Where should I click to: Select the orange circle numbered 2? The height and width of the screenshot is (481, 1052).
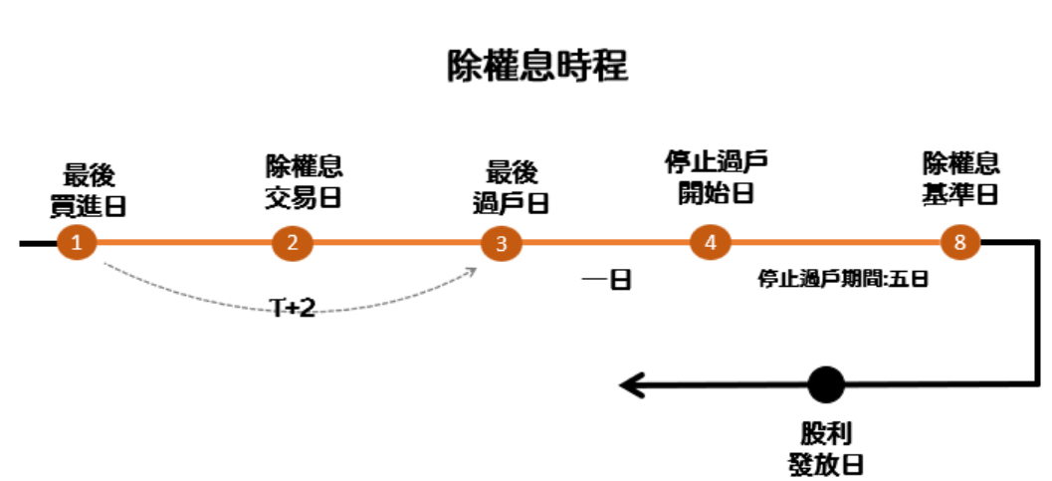click(292, 243)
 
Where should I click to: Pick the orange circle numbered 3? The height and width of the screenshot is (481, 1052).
click(501, 243)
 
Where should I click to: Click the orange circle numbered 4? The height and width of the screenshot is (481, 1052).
click(710, 243)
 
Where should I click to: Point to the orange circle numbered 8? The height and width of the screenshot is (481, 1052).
click(960, 243)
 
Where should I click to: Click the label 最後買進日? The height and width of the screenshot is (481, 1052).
click(89, 190)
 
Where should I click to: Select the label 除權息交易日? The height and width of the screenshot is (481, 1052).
click(304, 180)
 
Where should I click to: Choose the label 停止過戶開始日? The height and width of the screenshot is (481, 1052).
click(717, 176)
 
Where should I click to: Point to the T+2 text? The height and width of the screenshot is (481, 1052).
click(294, 308)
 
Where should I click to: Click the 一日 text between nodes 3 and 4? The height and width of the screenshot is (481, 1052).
click(607, 280)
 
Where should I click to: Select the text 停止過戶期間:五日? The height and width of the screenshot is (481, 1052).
click(843, 279)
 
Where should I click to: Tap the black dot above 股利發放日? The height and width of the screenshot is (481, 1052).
click(826, 384)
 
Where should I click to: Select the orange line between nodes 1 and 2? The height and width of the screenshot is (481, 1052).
click(184, 243)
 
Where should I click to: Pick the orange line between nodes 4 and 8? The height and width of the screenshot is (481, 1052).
click(836, 243)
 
